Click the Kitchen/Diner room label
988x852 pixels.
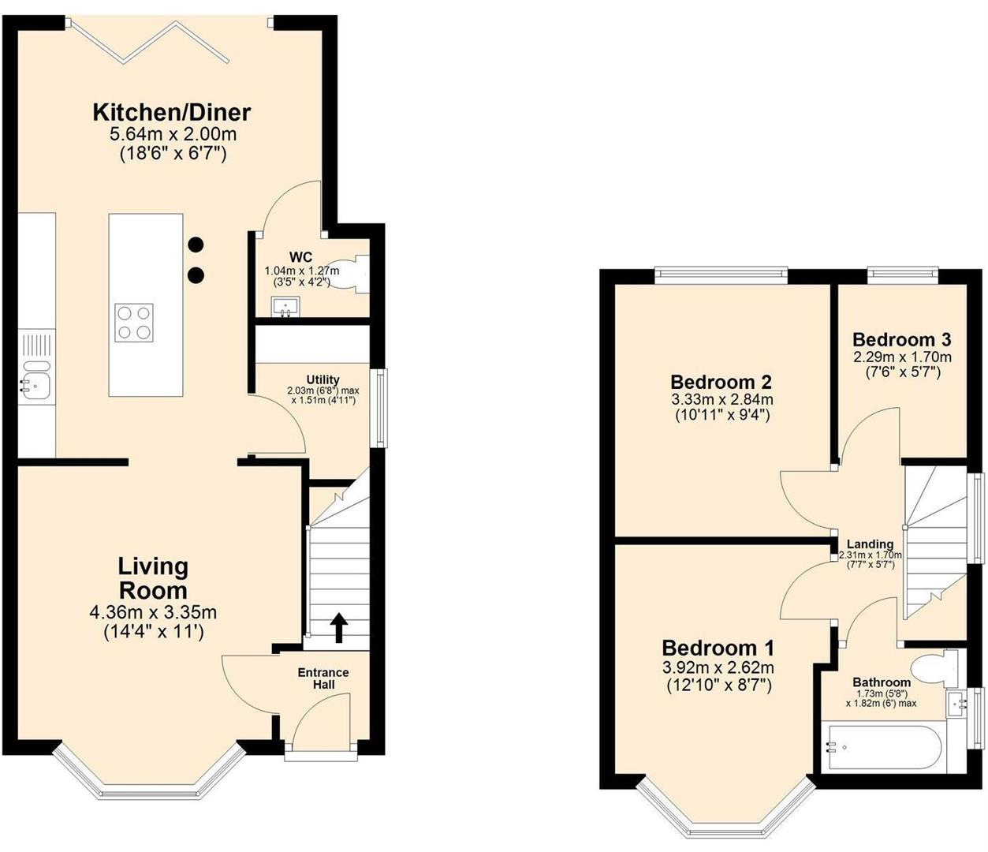(171, 112)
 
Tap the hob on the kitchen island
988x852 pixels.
(133, 322)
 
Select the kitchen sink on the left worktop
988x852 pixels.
(35, 377)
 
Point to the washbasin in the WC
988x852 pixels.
(285, 306)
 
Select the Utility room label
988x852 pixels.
(322, 379)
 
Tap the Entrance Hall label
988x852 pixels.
(322, 678)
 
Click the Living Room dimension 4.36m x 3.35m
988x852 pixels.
(154, 611)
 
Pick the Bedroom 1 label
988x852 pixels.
(718, 648)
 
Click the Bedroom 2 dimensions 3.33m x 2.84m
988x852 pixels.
(720, 400)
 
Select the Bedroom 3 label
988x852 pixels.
(901, 340)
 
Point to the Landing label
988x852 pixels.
(870, 544)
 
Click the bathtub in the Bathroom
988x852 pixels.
(881, 746)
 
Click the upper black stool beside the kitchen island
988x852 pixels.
(196, 245)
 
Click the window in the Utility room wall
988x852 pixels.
(382, 408)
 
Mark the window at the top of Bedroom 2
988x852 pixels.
(721, 275)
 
